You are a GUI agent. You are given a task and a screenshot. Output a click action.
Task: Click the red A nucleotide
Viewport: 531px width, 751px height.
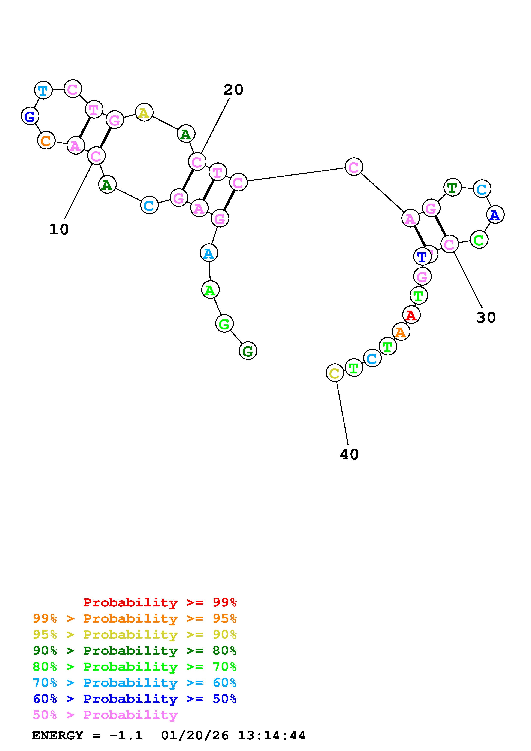(x=411, y=315)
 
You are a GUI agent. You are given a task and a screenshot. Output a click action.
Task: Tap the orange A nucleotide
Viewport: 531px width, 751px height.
(x=401, y=332)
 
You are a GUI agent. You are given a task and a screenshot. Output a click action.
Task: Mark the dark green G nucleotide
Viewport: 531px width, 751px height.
(x=248, y=351)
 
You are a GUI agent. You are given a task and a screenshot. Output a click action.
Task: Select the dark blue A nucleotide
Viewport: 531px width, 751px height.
(x=495, y=215)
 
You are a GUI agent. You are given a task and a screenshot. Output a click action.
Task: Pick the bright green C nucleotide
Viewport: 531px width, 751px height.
(x=479, y=240)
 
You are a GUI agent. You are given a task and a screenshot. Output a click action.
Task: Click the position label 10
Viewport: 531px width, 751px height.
(x=59, y=230)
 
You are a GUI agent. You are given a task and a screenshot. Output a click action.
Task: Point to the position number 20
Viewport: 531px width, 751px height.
(x=233, y=90)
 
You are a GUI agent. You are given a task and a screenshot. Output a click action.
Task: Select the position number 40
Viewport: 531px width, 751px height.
(x=349, y=454)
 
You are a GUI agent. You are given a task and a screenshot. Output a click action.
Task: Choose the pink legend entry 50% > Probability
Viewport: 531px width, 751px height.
(x=105, y=715)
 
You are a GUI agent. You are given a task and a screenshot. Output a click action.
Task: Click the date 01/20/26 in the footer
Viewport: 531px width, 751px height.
(x=195, y=736)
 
